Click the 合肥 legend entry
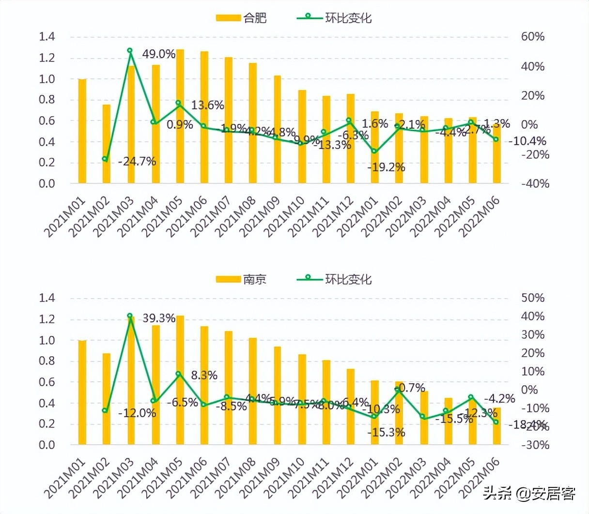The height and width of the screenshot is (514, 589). pos(241,18)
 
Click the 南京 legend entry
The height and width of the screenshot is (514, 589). pos(241,280)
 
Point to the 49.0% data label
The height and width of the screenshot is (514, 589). pos(159,54)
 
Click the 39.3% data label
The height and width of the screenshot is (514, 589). pos(159,318)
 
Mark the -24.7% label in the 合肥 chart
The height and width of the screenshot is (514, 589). pos(137,162)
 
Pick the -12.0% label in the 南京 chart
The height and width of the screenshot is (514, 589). pos(137,413)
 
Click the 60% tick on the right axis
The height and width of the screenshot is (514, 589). pos(533,37)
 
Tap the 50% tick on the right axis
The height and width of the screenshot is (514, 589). pos(533,298)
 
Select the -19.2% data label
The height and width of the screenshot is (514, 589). pos(386,167)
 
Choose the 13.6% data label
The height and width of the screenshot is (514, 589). pos(207,106)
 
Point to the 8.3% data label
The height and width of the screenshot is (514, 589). pos(204,376)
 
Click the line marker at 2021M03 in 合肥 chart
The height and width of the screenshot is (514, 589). pos(130,50)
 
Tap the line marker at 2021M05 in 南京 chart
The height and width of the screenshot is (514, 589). pos(178,374)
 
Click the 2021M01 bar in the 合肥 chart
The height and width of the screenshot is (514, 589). pos(82,131)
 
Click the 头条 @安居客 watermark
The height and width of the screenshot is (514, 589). pos(529,494)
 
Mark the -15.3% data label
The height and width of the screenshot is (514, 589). pos(386,433)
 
